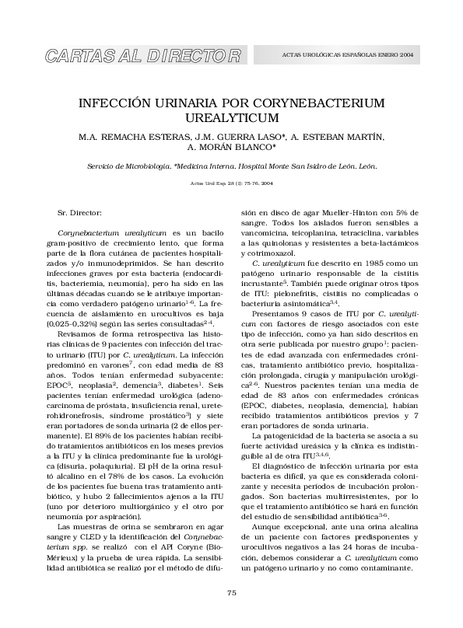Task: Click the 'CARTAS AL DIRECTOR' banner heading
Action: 145,56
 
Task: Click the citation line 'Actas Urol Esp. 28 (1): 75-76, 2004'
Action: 232,183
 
